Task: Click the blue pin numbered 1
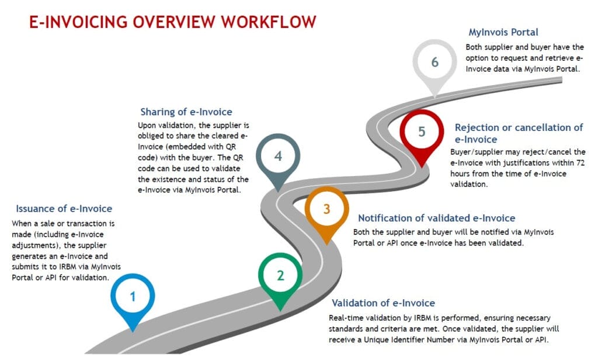(133, 296)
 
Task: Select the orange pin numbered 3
(326, 209)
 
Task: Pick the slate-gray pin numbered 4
(278, 157)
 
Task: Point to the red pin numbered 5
(422, 131)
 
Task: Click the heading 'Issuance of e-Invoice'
(64, 209)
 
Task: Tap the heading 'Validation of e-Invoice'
(383, 303)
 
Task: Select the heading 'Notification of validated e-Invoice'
(436, 218)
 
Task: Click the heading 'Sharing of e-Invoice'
(186, 112)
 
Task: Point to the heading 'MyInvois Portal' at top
(503, 33)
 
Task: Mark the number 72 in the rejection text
(580, 164)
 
